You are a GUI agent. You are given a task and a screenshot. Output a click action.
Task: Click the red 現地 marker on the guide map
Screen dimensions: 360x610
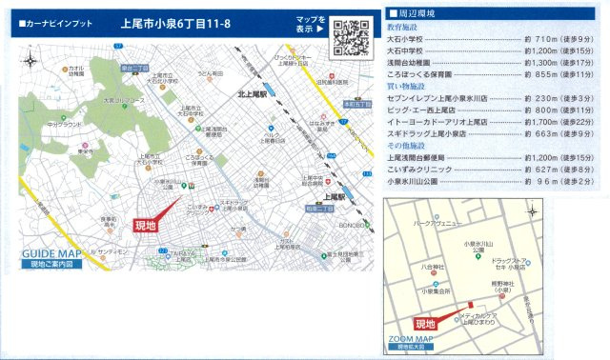(146, 226)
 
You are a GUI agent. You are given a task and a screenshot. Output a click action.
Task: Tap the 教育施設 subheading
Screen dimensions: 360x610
(406, 28)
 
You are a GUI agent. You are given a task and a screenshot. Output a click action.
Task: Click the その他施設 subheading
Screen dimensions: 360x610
(408, 146)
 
